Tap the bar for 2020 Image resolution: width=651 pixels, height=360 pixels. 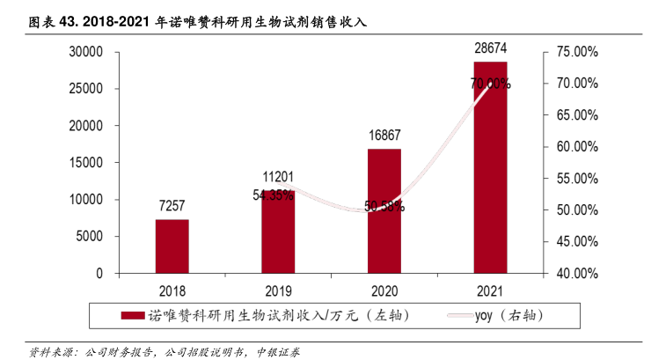coord(384,211)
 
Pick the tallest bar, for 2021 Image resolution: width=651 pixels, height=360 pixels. coord(490,167)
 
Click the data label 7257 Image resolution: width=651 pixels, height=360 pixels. coord(172,206)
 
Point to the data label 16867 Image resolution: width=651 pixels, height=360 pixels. coord(384,136)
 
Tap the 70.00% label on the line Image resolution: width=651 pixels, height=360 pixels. coord(490,84)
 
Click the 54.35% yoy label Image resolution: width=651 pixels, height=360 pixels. coord(273,195)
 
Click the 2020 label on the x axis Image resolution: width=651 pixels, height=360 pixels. coord(384,290)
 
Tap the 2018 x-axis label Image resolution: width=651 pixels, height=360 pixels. coord(172,290)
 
